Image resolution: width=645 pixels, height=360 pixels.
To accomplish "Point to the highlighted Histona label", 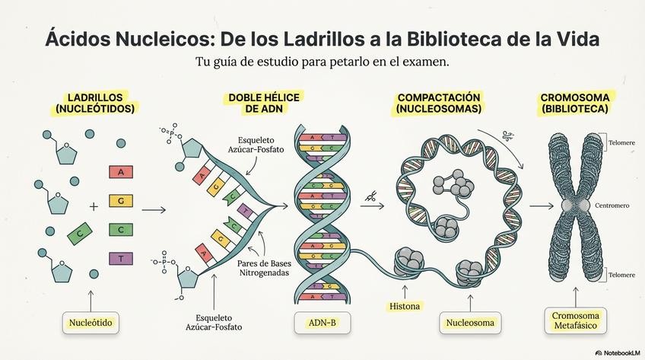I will pyautogui.click(x=405, y=307).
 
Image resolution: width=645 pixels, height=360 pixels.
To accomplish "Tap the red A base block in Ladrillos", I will pyautogui.click(x=120, y=172).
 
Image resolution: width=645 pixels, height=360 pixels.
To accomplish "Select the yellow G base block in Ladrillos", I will pyautogui.click(x=120, y=201).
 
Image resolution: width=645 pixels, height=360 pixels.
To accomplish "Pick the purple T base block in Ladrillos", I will pyautogui.click(x=120, y=260).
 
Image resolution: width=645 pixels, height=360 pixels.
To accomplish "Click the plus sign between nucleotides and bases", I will pyautogui.click(x=94, y=206).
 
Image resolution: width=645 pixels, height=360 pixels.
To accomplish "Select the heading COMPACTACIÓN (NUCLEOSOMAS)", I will pyautogui.click(x=438, y=104).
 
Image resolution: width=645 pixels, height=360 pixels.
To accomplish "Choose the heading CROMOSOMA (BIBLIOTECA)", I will pyautogui.click(x=574, y=104).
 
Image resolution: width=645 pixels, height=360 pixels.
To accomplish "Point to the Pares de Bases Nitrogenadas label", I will pyautogui.click(x=265, y=267).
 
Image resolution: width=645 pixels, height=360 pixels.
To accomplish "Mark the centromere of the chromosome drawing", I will pyautogui.click(x=576, y=205).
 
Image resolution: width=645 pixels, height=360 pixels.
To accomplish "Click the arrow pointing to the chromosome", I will pyautogui.click(x=541, y=206).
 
